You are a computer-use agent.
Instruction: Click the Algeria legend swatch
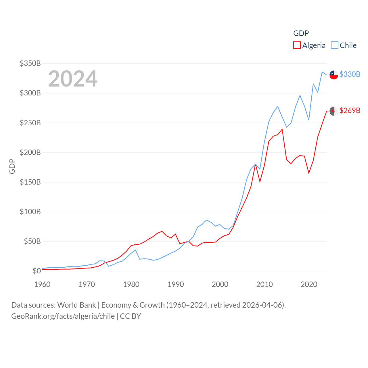click(297, 45)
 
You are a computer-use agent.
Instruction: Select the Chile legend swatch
click(335, 45)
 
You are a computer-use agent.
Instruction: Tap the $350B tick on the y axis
click(30, 63)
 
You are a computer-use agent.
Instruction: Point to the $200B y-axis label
click(30, 152)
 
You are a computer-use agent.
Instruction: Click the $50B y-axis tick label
click(32, 241)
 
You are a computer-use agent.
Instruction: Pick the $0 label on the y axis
click(37, 271)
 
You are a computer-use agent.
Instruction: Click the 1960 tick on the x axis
click(42, 284)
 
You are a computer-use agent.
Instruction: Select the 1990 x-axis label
click(176, 284)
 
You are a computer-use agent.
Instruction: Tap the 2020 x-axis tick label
click(309, 284)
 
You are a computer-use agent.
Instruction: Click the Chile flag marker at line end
click(334, 75)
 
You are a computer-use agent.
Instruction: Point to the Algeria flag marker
click(334, 111)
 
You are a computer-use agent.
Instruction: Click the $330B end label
click(350, 74)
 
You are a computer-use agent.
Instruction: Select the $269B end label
click(350, 110)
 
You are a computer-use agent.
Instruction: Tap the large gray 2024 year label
click(73, 79)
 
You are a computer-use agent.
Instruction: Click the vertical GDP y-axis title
click(12, 166)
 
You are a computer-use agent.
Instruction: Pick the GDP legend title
click(301, 33)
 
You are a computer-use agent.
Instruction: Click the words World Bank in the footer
click(76, 305)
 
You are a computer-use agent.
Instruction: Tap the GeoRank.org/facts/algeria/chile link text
click(63, 316)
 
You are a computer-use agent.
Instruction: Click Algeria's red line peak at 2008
click(256, 165)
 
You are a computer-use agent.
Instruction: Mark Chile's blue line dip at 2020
click(309, 120)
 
